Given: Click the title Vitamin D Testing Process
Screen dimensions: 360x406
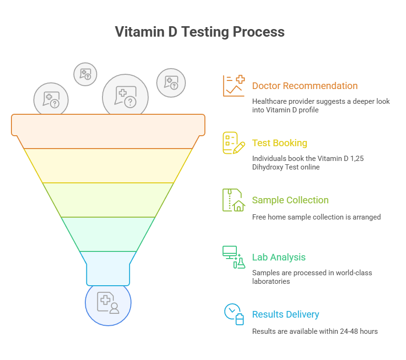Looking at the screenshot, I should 200,32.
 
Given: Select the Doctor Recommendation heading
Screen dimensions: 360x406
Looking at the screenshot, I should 304,86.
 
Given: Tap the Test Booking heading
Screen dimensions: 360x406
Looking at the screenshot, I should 279,143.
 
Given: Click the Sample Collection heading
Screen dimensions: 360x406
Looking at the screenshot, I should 291,200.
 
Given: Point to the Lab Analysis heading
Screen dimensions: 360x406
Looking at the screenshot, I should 279,257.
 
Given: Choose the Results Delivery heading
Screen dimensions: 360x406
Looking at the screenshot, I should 285,314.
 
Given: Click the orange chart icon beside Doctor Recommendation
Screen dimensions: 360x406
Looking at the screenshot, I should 233,86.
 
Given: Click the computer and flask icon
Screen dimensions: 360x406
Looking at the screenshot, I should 233,257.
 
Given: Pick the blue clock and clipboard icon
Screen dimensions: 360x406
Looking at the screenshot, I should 233,314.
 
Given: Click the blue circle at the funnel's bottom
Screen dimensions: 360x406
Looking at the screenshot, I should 108,303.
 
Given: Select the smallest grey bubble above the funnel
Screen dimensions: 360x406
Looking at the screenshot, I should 85,74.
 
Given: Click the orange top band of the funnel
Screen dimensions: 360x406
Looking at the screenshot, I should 108,131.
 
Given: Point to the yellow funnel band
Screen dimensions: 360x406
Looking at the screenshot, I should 108,165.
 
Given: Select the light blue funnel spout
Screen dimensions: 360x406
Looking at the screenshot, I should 108,269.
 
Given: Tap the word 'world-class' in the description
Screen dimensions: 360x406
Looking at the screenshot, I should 352,273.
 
